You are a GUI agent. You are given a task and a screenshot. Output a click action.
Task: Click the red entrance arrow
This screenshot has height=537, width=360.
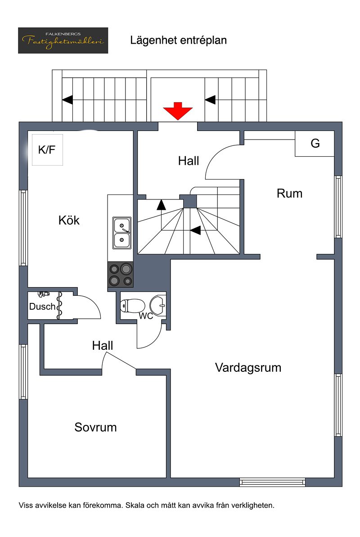tap(178, 111)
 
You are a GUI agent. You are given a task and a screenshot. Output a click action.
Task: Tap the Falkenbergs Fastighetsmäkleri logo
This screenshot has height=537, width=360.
tap(63, 41)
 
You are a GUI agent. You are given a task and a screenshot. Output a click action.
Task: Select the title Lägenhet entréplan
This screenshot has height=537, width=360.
tap(178, 40)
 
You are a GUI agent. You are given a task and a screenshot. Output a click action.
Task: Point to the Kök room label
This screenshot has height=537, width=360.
tap(69, 221)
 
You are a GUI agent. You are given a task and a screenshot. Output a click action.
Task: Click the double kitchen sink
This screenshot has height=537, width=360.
tap(122, 233)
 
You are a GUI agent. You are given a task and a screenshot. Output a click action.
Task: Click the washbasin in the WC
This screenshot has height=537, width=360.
tap(158, 305)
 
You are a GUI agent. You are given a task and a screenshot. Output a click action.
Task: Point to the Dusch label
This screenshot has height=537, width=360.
tap(42, 307)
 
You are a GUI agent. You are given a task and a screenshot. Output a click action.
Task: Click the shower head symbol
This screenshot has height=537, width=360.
tap(43, 294)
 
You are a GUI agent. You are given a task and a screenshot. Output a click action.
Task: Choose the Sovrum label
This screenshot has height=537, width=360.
tap(95, 427)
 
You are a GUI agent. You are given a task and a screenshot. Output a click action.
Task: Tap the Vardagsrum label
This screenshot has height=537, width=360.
tap(248, 368)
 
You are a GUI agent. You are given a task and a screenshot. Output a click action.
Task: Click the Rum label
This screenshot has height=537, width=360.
tap(289, 194)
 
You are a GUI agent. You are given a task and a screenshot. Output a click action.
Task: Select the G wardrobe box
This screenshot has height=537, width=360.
tap(315, 144)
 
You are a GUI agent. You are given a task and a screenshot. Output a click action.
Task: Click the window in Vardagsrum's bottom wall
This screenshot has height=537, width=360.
tap(272, 483)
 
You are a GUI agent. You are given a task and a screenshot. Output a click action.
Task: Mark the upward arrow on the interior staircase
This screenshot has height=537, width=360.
tap(161, 205)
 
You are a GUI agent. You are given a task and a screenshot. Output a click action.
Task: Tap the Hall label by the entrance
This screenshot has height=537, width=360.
tap(189, 161)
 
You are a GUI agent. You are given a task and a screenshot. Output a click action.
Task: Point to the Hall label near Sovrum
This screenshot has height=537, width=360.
tap(103, 346)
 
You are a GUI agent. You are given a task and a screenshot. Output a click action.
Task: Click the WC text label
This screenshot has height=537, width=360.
tap(146, 316)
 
